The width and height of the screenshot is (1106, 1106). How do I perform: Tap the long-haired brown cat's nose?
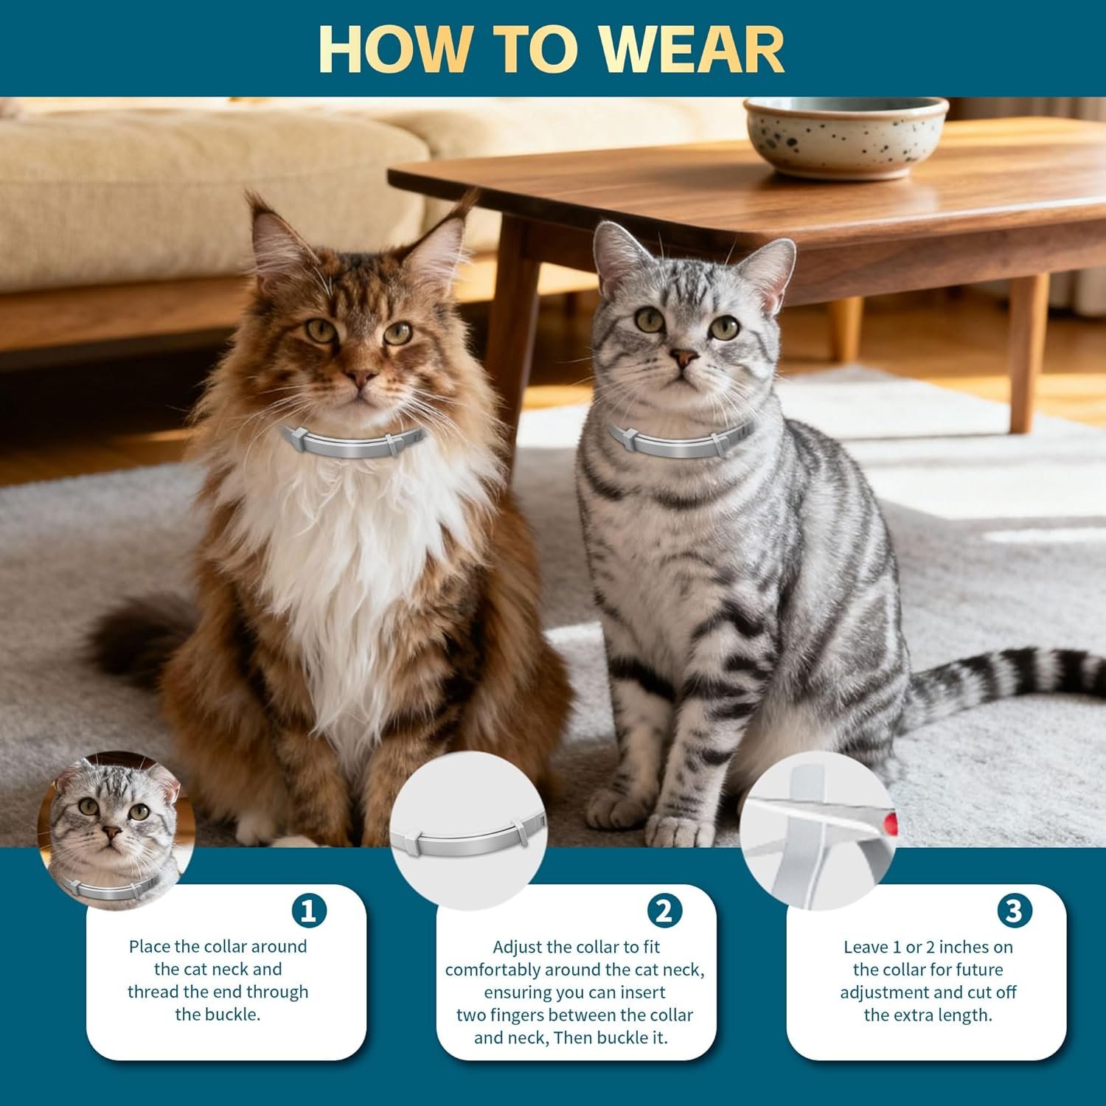(x=361, y=378)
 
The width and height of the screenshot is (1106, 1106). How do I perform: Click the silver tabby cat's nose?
(x=685, y=358)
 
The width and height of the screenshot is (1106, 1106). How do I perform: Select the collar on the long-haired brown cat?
(x=350, y=442)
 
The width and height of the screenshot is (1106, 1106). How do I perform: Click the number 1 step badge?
(x=309, y=911)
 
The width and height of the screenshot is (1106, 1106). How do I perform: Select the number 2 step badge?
(x=664, y=911)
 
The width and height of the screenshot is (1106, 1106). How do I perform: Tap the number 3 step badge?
(x=1014, y=911)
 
